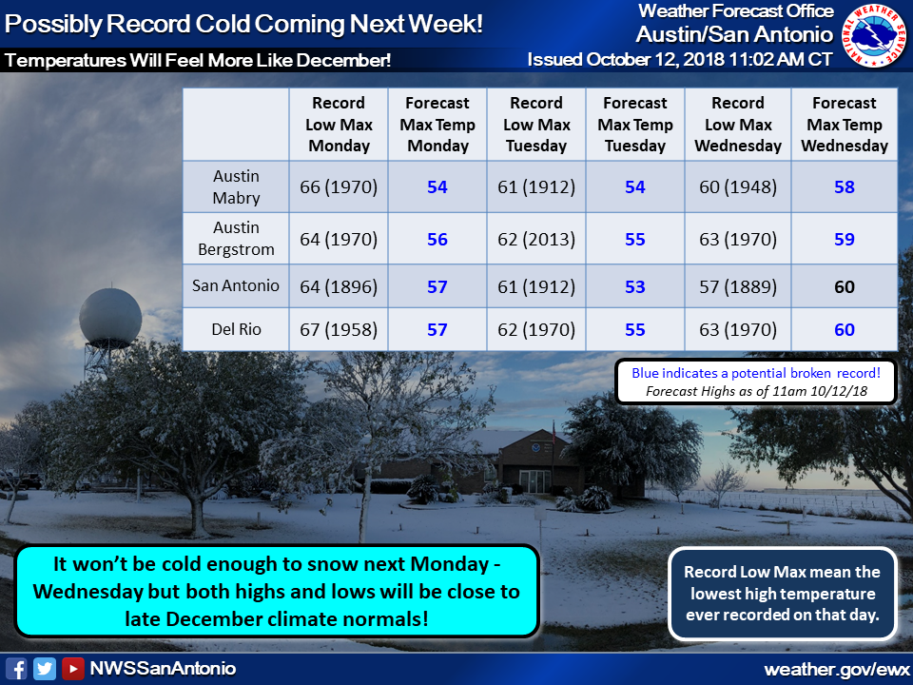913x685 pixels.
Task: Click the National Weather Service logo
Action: (x=874, y=35)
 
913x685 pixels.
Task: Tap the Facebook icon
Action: (x=16, y=668)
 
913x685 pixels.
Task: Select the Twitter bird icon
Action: (x=45, y=668)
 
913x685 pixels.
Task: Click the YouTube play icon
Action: (x=73, y=668)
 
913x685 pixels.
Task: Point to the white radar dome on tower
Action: (x=110, y=318)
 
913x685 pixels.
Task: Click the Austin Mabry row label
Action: (x=236, y=187)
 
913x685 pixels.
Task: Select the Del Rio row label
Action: (x=236, y=329)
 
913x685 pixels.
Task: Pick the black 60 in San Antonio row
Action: (x=845, y=286)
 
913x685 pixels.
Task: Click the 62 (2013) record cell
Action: (x=536, y=239)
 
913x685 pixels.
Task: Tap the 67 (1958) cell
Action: (x=339, y=329)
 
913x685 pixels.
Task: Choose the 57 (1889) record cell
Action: (x=738, y=286)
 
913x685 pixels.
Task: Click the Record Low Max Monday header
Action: (x=339, y=124)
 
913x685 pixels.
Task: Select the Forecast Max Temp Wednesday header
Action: (x=845, y=124)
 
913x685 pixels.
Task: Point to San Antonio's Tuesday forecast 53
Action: (x=634, y=286)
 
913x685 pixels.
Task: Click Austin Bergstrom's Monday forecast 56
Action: (x=437, y=239)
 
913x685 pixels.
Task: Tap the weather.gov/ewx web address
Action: (x=837, y=669)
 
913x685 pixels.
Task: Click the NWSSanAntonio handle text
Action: (x=163, y=668)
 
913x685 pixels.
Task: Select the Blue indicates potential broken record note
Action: (x=756, y=373)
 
